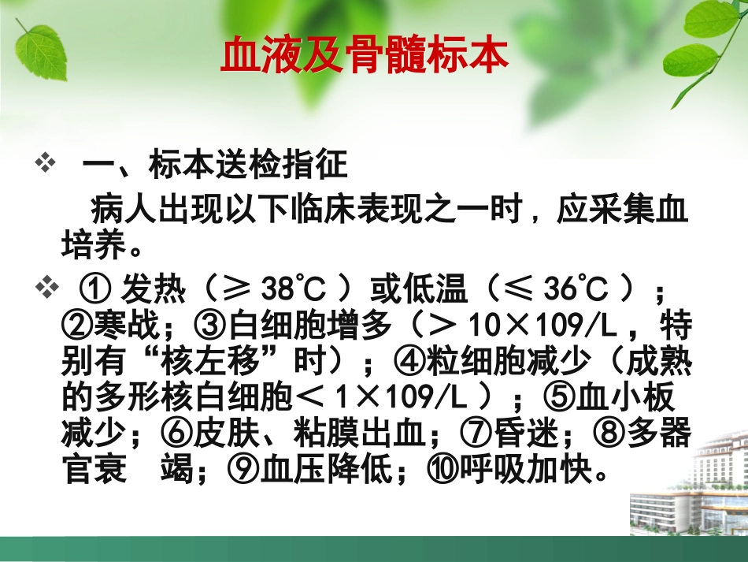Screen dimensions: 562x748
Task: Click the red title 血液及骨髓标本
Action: pos(365,56)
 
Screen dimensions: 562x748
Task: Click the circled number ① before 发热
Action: pos(94,291)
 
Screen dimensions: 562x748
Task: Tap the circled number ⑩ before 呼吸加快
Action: pos(440,471)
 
